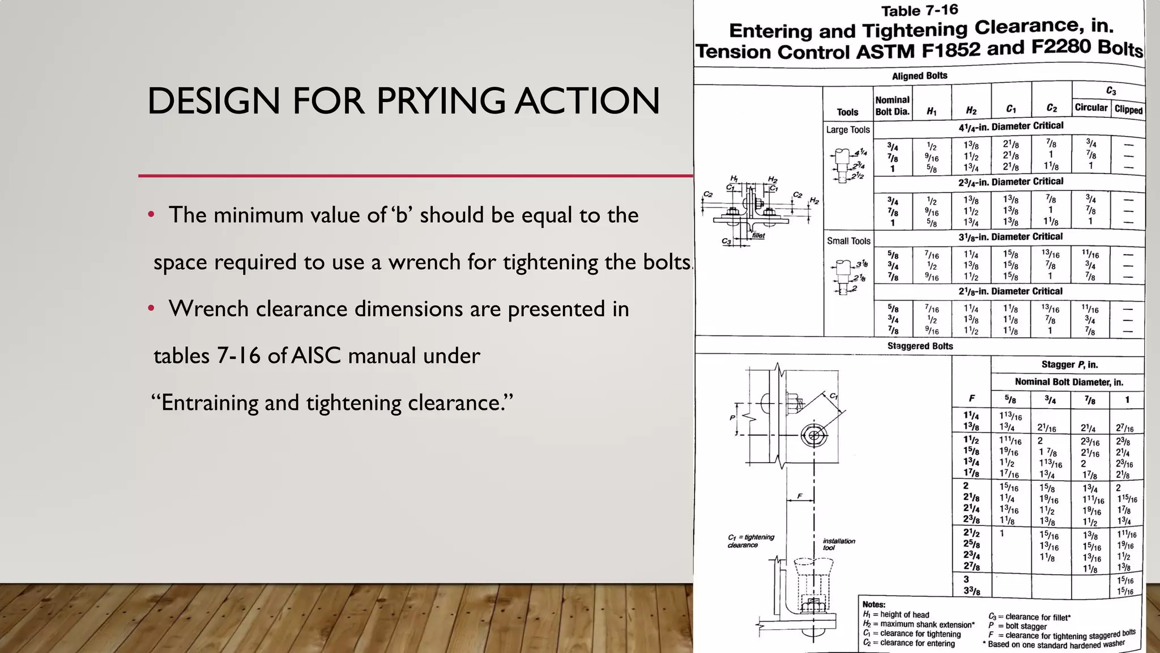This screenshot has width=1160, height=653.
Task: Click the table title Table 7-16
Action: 919,11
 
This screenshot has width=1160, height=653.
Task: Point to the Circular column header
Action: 1090,107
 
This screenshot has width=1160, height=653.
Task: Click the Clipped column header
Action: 1128,109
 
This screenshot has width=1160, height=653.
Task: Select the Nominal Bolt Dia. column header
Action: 892,106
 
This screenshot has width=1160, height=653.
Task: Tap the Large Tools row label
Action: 847,130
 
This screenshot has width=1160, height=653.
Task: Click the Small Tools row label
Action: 848,241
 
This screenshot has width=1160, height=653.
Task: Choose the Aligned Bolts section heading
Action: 919,76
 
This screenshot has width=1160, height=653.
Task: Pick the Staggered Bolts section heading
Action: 919,346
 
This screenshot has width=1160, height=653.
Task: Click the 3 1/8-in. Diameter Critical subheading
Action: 1010,237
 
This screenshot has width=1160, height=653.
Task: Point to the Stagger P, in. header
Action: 1069,364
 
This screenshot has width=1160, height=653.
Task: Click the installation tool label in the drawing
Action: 838,544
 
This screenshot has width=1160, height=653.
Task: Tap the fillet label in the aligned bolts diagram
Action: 758,235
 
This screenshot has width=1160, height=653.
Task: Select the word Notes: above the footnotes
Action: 873,605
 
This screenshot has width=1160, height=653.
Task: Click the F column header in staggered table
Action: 972,398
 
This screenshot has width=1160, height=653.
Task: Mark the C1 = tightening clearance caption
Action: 750,541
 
